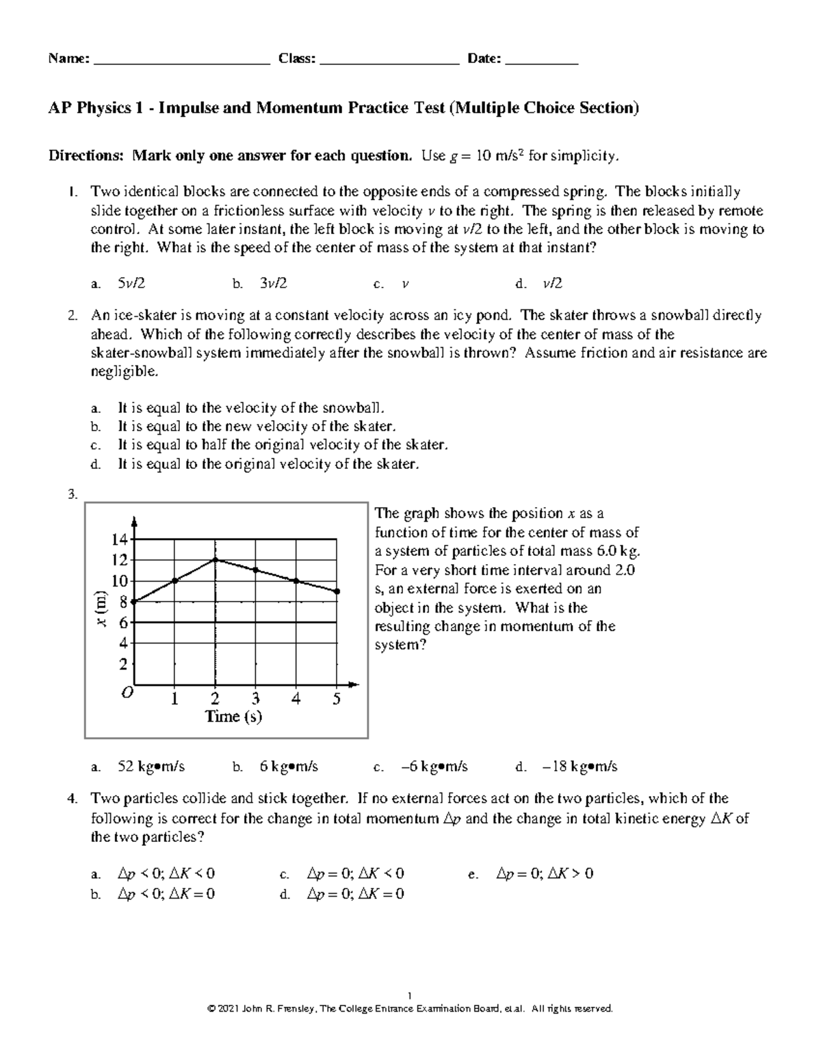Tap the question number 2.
coord(72,316)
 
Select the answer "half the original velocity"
coord(283,446)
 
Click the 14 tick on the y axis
coord(120,540)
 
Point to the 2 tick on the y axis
coord(123,665)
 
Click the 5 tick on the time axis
coord(336,699)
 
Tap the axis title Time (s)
coord(234,717)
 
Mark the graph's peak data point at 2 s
coord(216,560)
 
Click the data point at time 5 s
coord(337,591)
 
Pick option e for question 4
coord(545,874)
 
